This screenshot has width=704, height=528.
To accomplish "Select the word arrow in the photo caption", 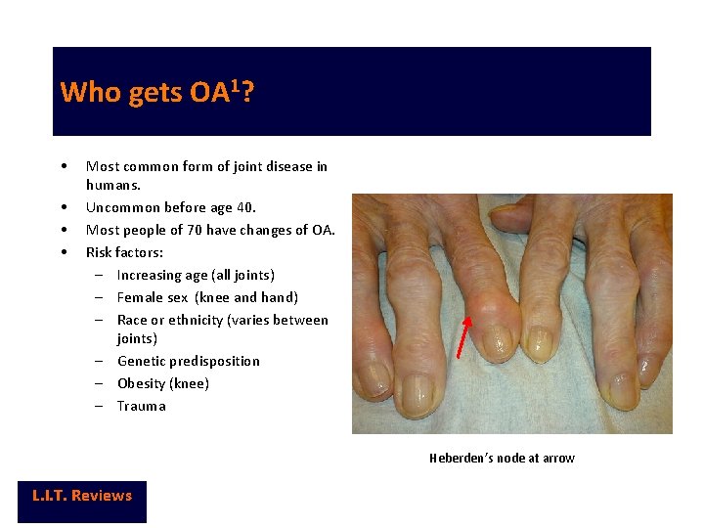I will pos(558,458).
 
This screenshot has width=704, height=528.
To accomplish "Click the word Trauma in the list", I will pos(141,406).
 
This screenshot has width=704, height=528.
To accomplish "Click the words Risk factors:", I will pos(126,252).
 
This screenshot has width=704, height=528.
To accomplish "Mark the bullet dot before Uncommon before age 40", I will pos(63,207).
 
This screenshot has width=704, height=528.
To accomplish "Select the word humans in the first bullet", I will pos(111,185).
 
